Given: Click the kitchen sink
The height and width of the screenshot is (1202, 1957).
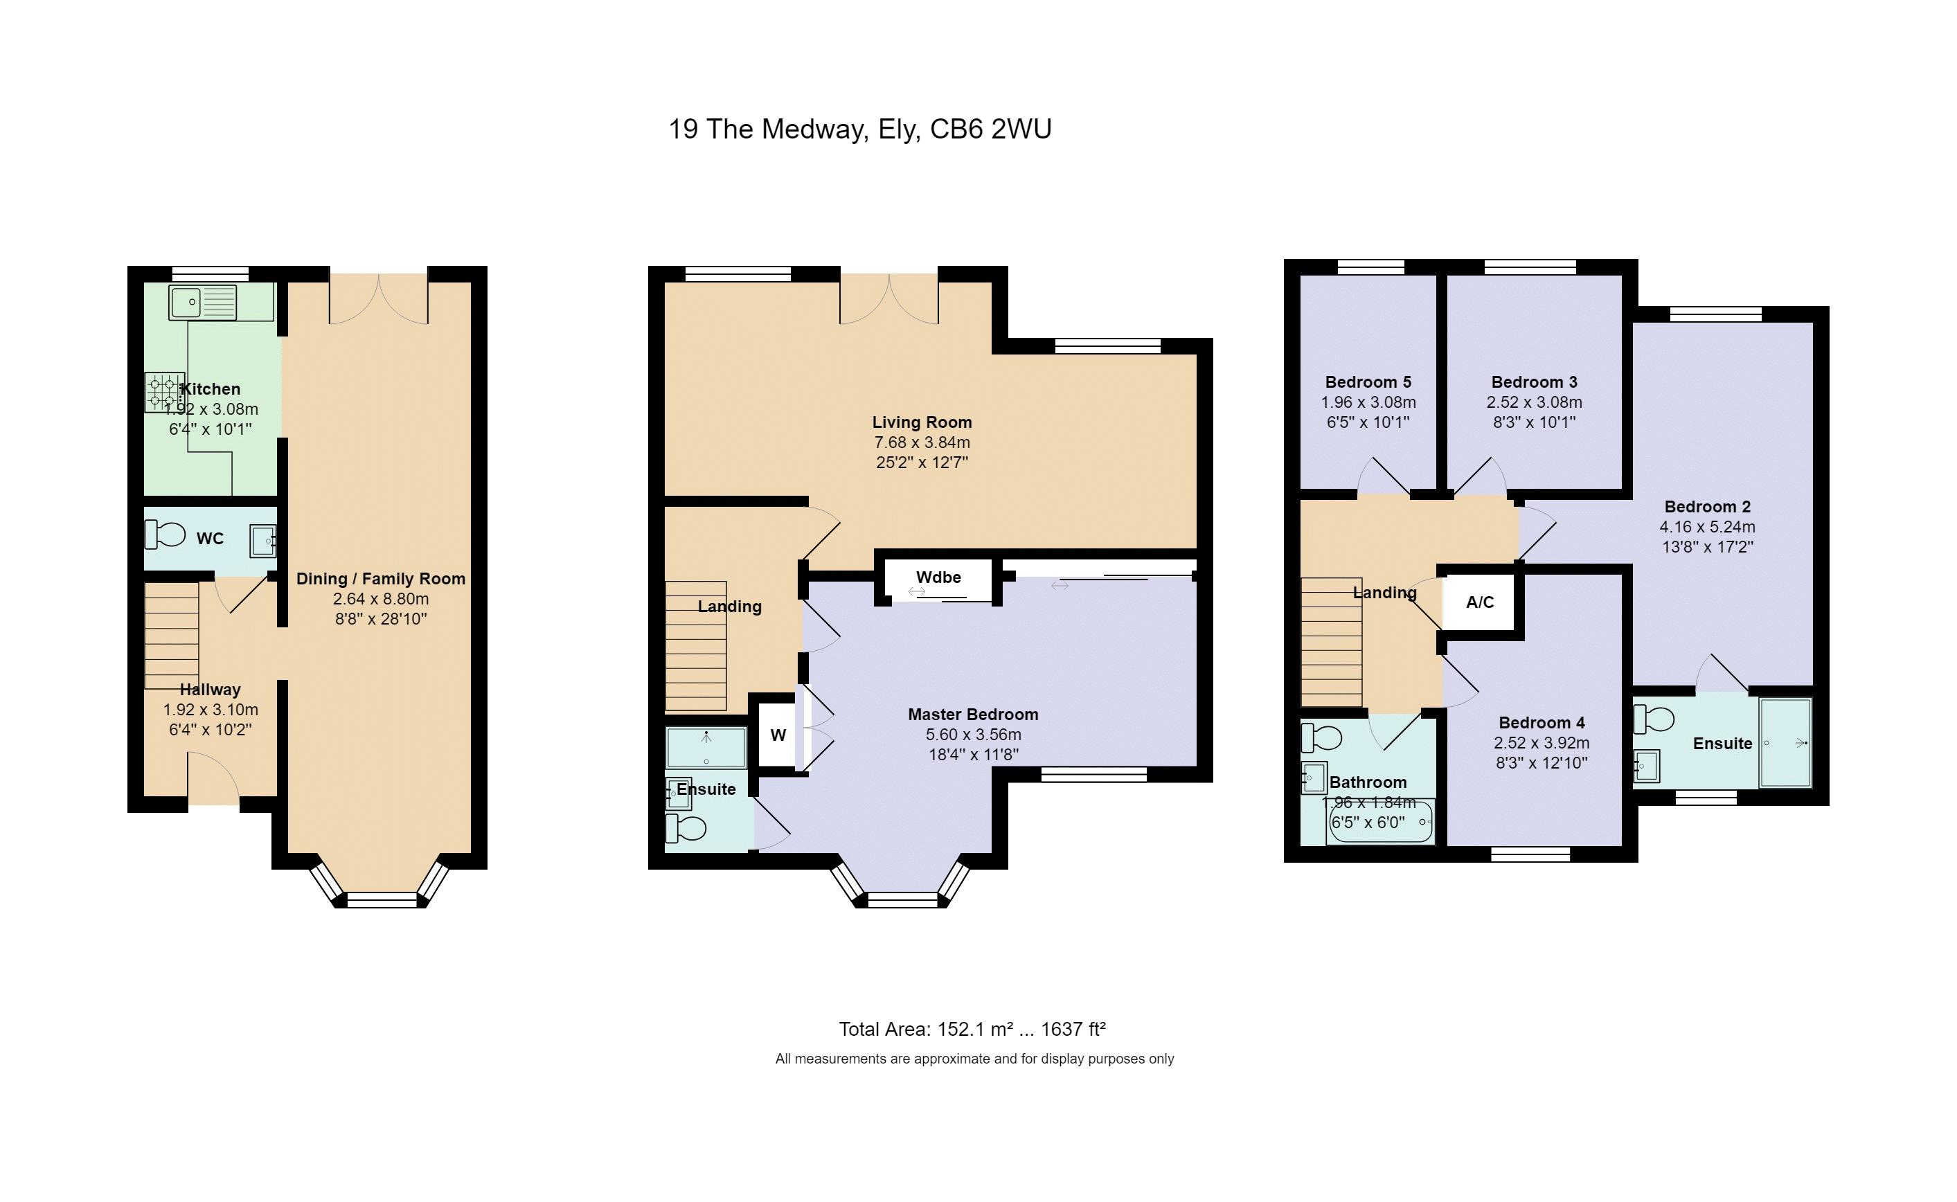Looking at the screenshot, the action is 203,302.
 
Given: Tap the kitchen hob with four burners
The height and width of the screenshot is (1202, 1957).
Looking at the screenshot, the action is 165,393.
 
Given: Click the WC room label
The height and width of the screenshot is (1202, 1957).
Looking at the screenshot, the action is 210,539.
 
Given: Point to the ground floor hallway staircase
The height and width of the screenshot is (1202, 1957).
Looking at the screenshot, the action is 172,636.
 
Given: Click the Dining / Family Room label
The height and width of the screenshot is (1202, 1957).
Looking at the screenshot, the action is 381,579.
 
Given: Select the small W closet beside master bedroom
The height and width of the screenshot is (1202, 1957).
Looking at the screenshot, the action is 778,735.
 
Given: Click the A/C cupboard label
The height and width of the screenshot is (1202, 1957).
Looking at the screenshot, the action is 1479,602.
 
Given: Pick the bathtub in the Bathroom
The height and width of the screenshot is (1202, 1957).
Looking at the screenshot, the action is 1380,821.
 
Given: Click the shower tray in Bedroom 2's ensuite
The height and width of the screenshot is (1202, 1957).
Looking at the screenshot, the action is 1785,742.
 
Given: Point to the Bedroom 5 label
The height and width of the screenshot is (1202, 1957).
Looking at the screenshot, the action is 1368,382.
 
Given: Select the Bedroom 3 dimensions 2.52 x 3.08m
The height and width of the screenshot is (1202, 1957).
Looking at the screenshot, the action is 1534,402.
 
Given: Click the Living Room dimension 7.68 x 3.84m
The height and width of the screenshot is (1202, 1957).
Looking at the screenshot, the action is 922,442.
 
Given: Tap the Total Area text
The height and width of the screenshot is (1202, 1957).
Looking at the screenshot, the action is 972,1030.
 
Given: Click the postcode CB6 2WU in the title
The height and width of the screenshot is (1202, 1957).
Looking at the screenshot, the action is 990,129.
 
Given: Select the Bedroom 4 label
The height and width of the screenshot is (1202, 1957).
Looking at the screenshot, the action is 1542,723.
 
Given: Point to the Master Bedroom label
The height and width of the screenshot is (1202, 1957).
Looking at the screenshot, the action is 973,714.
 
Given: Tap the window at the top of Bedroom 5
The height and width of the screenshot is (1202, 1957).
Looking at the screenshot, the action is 1371,267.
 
